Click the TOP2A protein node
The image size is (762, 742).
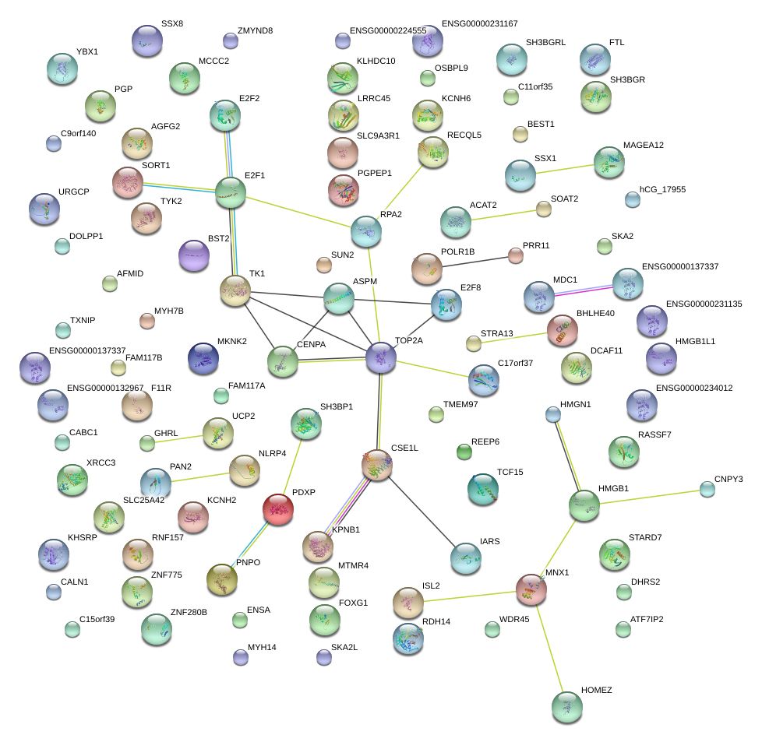(x=380, y=357)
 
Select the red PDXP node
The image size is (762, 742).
(x=279, y=509)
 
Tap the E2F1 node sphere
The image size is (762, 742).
(x=230, y=192)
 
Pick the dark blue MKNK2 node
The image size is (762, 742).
(x=203, y=358)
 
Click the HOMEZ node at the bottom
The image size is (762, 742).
(x=566, y=706)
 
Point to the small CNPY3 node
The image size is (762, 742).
(x=707, y=489)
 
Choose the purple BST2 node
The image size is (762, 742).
(x=194, y=256)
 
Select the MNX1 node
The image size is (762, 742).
(x=531, y=589)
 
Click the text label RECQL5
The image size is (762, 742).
(x=464, y=135)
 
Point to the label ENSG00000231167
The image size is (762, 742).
(x=479, y=25)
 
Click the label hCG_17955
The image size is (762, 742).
(x=662, y=189)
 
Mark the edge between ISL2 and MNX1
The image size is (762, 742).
(x=469, y=596)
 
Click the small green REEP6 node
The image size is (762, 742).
(x=464, y=452)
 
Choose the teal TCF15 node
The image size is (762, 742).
(x=482, y=489)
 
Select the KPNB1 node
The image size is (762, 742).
(x=317, y=547)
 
